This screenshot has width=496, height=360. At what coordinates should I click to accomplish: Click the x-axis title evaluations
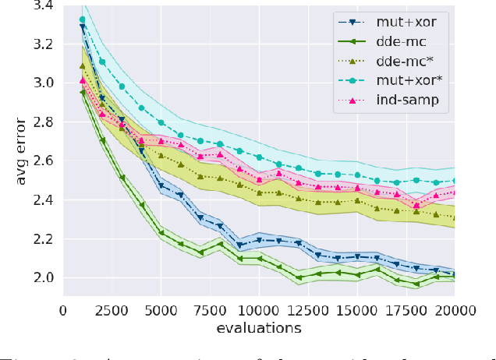(259, 328)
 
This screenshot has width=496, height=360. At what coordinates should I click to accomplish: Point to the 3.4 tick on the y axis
(44, 5)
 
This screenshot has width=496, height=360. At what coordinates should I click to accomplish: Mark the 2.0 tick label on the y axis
(44, 278)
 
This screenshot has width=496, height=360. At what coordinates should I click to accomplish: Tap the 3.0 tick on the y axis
(44, 83)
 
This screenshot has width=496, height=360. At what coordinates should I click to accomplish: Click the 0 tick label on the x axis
(63, 309)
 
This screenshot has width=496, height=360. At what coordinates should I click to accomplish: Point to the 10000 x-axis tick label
(259, 309)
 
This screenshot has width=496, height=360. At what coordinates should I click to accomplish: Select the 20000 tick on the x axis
(455, 309)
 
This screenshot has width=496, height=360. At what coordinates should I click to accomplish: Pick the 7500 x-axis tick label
(210, 309)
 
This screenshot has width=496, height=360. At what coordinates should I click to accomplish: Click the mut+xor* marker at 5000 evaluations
(161, 122)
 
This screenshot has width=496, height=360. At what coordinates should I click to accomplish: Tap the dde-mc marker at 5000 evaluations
(161, 232)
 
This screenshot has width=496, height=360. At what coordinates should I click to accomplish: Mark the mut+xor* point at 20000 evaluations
(455, 180)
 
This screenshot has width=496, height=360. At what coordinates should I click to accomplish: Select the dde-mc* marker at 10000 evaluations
(259, 192)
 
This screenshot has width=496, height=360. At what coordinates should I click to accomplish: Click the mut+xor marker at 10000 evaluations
(259, 240)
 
